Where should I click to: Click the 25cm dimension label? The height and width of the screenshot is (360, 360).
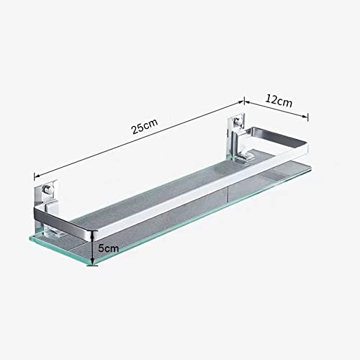[145, 126]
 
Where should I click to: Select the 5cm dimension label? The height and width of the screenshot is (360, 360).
[109, 248]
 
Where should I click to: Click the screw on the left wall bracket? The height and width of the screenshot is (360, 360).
[46, 190]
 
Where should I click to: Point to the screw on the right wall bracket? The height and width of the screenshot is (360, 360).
[238, 122]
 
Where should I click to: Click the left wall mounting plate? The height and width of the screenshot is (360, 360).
[45, 194]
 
